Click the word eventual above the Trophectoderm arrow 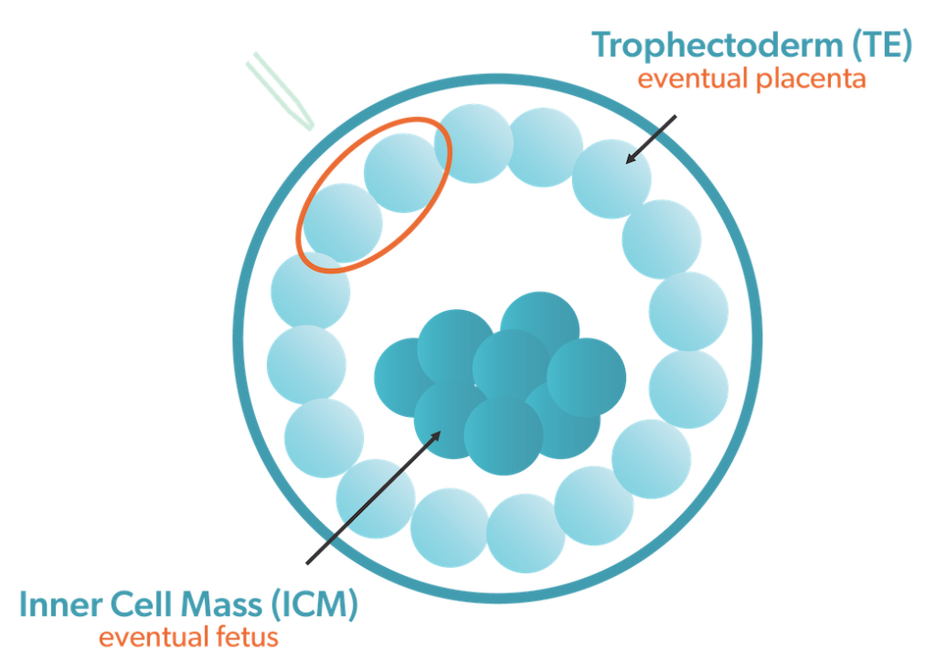[693, 79]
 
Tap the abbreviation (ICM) [314, 604]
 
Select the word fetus [247, 636]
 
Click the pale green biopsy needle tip [310, 127]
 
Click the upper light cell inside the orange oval [403, 173]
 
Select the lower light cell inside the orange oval [343, 223]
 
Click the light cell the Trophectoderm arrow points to [612, 179]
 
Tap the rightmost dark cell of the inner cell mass [586, 378]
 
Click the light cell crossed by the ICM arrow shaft [376, 498]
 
